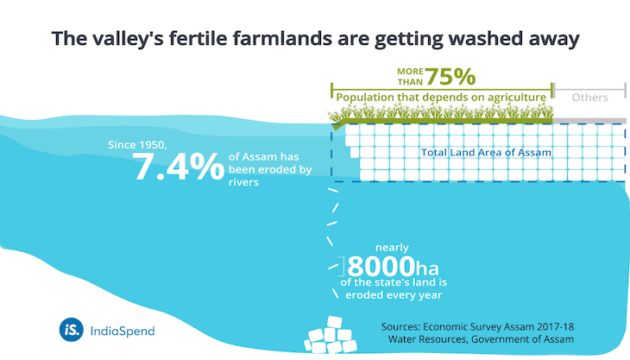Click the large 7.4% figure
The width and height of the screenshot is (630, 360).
pyautogui.click(x=178, y=166)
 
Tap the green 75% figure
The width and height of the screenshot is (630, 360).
pyautogui.click(x=450, y=76)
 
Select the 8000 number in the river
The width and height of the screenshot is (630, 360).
pyautogui.click(x=381, y=266)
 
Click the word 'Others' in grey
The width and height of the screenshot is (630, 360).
pyautogui.click(x=589, y=98)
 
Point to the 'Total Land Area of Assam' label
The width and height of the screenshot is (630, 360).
pyautogui.click(x=486, y=152)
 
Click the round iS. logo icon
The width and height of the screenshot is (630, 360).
pyautogui.click(x=71, y=330)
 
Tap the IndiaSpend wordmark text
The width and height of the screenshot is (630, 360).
pyautogui.click(x=123, y=331)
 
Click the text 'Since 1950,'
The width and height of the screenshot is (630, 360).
pyautogui.click(x=137, y=145)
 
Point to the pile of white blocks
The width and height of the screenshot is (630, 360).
pyautogui.click(x=331, y=335)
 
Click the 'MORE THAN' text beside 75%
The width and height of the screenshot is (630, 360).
pyautogui.click(x=410, y=76)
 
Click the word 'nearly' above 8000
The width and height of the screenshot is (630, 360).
pyautogui.click(x=392, y=248)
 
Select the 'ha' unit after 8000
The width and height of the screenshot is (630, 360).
pyautogui.click(x=427, y=268)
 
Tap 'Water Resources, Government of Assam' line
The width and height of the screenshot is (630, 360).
pyautogui.click(x=481, y=339)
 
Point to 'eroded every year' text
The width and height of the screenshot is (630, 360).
pyautogui.click(x=394, y=295)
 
